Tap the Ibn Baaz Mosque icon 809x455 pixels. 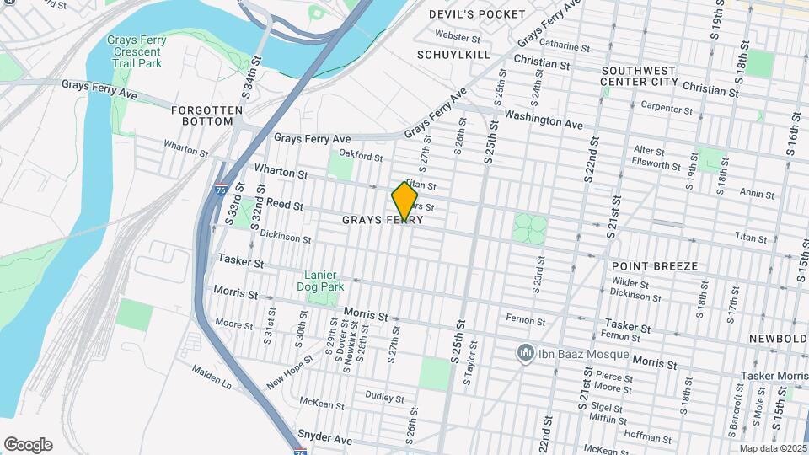[x=526, y=351]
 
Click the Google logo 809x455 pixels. [x=28, y=444]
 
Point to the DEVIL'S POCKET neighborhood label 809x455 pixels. [x=476, y=14]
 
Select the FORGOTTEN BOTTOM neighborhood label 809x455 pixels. [x=201, y=115]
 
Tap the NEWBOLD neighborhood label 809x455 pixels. [x=776, y=338]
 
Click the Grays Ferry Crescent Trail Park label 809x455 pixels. [x=137, y=52]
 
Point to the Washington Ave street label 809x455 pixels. [x=544, y=120]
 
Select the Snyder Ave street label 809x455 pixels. [x=324, y=439]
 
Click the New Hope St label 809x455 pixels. [x=290, y=371]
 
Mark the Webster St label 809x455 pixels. [x=458, y=37]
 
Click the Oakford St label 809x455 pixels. [x=361, y=156]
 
